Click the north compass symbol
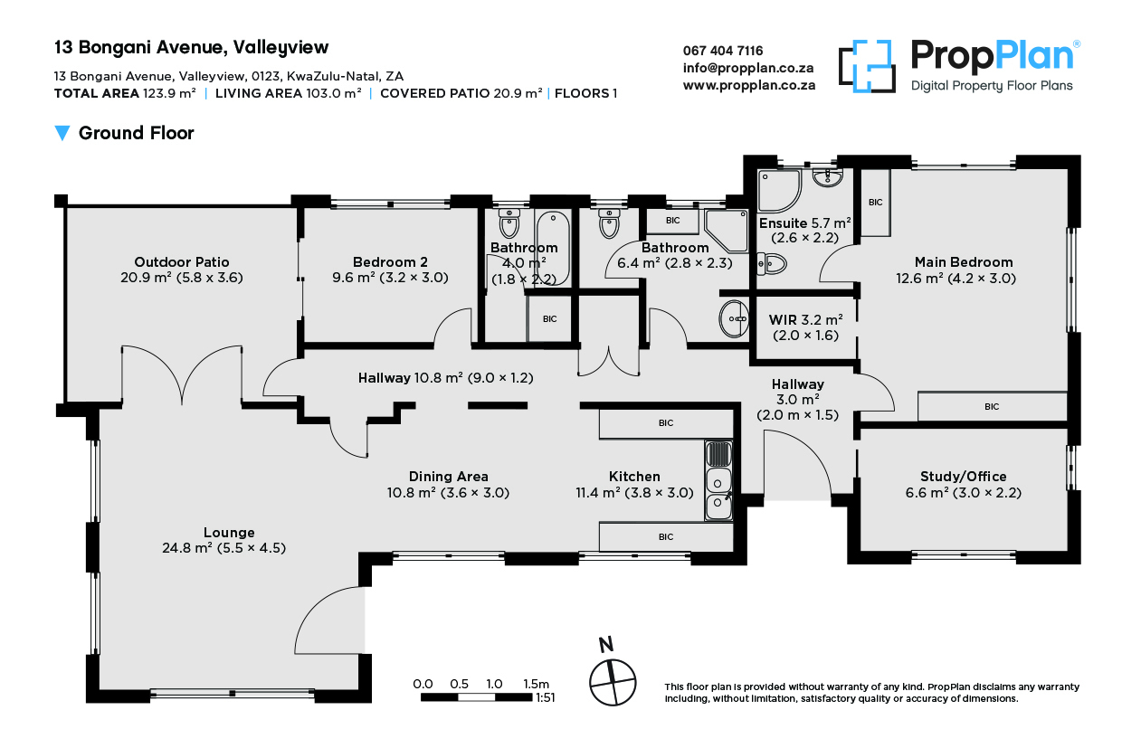(x=612, y=682)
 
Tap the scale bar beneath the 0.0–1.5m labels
(x=476, y=697)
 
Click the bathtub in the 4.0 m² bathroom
(x=553, y=249)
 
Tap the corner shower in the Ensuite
(x=779, y=190)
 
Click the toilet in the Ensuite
(x=771, y=263)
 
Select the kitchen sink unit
(x=718, y=480)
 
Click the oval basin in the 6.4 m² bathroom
(x=734, y=319)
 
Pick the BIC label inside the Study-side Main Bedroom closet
(x=992, y=406)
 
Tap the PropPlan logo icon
(x=867, y=66)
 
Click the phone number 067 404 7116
(x=723, y=51)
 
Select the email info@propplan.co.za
(x=747, y=68)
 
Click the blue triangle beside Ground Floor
(x=62, y=133)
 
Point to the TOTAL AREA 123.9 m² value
(x=169, y=93)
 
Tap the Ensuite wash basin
(x=827, y=177)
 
